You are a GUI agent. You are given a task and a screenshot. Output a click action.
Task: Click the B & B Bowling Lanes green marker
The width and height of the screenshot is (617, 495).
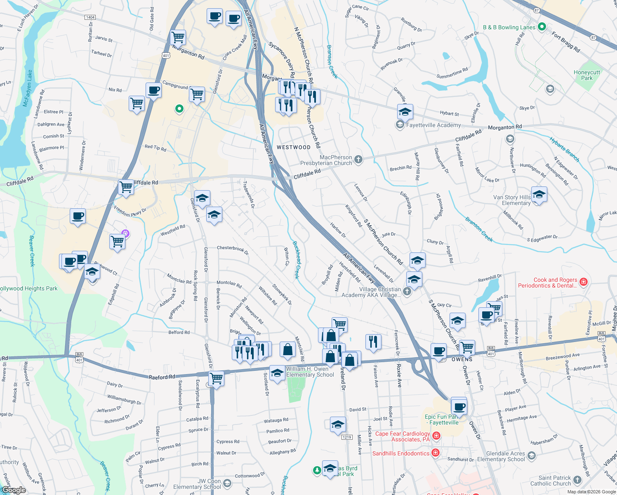(x=542, y=27)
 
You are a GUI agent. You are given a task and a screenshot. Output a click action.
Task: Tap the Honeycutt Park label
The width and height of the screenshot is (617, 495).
(x=586, y=75)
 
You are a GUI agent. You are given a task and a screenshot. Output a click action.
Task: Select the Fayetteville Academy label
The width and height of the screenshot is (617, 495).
(x=433, y=125)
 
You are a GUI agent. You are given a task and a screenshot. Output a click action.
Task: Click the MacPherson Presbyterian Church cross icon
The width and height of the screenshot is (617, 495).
(x=358, y=160)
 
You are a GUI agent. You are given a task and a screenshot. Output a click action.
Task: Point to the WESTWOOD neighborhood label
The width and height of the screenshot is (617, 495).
(x=293, y=147)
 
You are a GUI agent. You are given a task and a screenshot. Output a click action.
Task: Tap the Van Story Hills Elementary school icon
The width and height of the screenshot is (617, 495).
(x=539, y=194)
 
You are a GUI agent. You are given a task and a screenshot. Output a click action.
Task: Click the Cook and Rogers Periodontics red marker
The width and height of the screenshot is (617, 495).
(x=583, y=282)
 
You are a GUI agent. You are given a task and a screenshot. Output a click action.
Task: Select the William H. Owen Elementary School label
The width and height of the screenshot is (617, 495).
(x=310, y=372)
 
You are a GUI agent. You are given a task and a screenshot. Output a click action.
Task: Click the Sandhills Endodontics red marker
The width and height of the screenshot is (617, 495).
(x=435, y=453)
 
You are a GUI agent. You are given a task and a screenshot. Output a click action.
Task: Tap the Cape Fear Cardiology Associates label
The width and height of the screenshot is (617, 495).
(x=402, y=436)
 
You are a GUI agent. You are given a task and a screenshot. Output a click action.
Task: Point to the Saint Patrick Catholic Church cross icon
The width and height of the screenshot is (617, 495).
(x=577, y=480)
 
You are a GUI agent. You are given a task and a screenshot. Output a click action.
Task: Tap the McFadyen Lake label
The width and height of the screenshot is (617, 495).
(x=28, y=88)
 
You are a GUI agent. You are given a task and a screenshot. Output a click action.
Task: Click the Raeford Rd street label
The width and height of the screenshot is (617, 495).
(x=162, y=377)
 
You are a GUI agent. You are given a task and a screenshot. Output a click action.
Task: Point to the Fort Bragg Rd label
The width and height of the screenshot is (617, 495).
(x=566, y=42)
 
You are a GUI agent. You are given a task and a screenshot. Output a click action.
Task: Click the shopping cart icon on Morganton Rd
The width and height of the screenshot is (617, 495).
(x=178, y=38)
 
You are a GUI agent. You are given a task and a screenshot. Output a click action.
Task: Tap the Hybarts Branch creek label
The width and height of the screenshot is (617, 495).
(x=564, y=149)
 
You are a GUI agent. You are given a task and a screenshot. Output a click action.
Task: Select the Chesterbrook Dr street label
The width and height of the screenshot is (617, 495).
(x=233, y=250)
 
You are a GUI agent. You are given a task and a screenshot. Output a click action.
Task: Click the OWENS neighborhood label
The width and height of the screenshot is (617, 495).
(x=462, y=359)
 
